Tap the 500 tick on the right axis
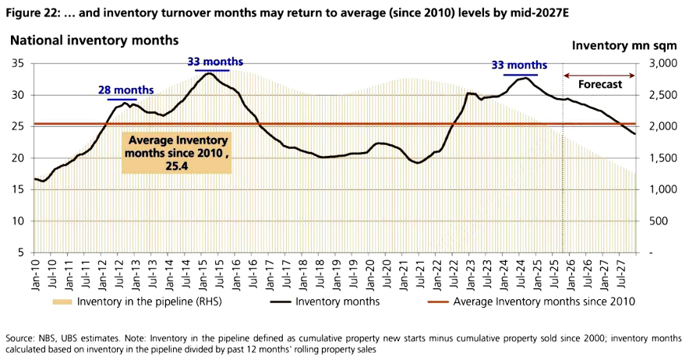point(659,221)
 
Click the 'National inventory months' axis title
point(94,40)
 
